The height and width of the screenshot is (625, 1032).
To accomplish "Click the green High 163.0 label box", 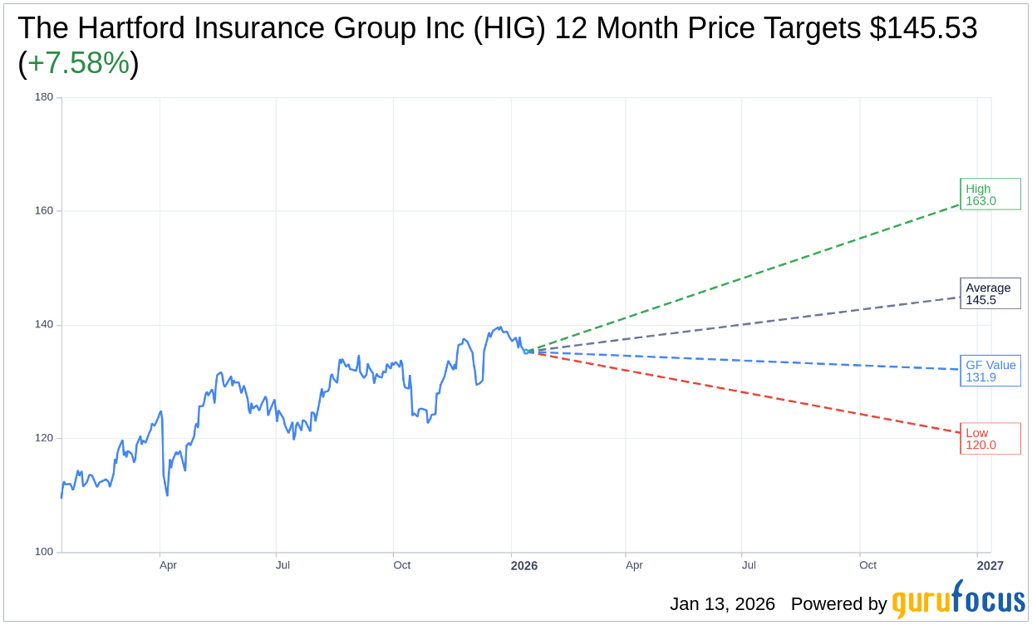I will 990,194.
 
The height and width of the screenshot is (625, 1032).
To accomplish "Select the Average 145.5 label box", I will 990,293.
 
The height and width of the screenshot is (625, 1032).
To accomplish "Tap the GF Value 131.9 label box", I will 990,371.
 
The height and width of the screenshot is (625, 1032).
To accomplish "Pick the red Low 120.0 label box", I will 990,439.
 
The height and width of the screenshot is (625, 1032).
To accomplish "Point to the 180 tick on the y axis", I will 44,97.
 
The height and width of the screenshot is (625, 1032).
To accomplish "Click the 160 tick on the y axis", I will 44,211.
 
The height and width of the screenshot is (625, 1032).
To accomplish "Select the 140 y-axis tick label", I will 44,325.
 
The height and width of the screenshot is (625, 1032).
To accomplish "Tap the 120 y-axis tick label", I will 44,438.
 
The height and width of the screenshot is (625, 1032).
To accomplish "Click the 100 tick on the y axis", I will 44,552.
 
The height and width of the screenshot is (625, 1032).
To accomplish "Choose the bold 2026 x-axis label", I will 524,566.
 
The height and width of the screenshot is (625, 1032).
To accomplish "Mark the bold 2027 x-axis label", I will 990,566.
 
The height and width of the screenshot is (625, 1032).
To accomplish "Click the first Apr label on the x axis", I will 168,566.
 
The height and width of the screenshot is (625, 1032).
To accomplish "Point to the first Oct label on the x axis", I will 402,566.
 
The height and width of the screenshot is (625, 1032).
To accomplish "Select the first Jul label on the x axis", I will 283,566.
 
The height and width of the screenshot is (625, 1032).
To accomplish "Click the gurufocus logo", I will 958,600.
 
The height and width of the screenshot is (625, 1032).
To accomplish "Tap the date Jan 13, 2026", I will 722,604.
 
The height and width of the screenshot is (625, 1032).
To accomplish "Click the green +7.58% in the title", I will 78,64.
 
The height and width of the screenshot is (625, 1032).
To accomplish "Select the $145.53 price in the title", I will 923,28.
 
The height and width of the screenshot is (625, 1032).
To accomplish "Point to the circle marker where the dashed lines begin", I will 526,352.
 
